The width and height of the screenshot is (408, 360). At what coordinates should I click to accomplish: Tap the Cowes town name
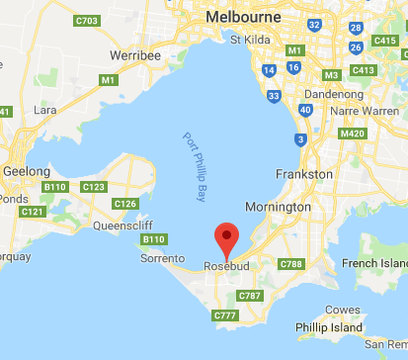point(344,309)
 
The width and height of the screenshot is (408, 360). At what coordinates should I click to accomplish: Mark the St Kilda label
point(250,41)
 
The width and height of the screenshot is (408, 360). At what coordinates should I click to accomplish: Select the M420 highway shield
point(353,134)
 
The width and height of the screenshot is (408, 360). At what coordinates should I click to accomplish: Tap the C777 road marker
point(226,315)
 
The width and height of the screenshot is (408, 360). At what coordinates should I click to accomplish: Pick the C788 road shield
point(291,264)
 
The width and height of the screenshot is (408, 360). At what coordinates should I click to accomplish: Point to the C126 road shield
point(126,204)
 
